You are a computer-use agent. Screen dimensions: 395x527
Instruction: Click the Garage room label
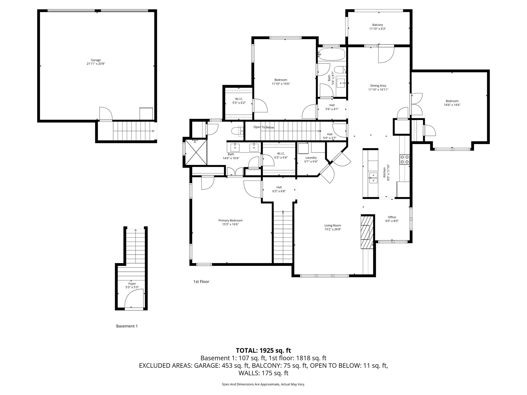96,60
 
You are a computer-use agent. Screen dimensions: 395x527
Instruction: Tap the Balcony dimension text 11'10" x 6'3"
377,29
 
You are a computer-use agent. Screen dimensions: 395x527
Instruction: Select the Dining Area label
378,86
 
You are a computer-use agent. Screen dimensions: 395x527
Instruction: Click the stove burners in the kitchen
404,159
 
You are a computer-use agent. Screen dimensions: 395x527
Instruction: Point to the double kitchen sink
373,178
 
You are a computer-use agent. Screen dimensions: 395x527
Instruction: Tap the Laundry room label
311,158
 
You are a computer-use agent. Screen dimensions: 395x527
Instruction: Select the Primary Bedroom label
230,220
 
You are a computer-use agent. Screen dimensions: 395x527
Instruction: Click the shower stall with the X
196,152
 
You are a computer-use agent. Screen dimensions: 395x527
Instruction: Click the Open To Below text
264,127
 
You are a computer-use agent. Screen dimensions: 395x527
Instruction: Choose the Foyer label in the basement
132,284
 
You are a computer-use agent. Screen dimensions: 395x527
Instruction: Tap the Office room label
392,217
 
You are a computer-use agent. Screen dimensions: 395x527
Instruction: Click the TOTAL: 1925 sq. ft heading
263,350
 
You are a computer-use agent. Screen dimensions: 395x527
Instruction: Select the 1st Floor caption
201,282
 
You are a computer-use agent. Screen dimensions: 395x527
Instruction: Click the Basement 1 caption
127,326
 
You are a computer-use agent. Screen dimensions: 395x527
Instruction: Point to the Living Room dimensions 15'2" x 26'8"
333,229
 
